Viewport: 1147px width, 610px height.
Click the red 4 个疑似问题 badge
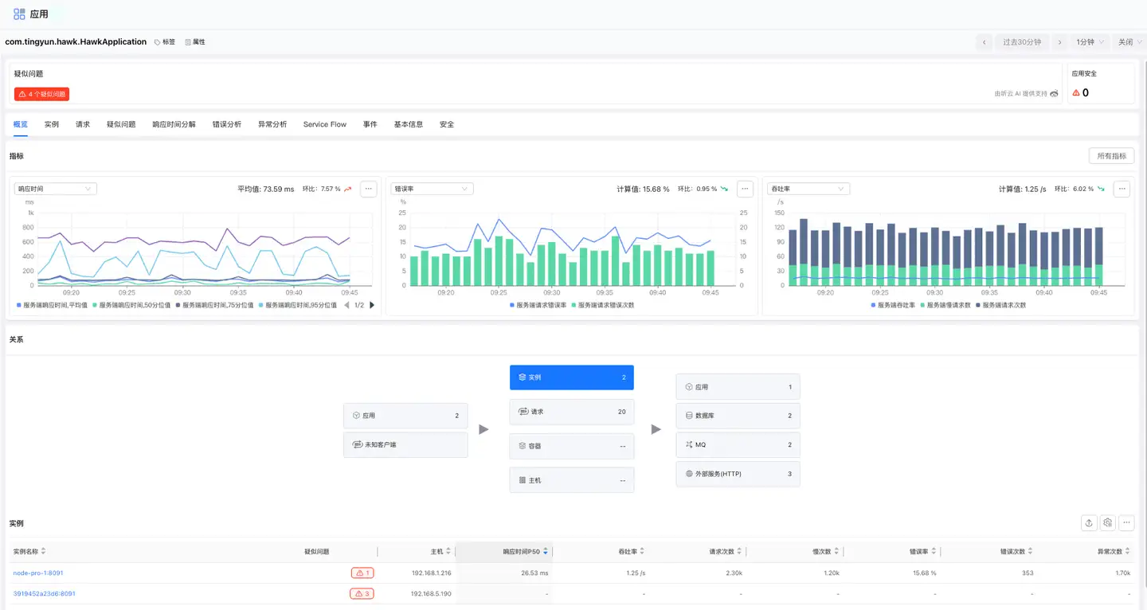(x=41, y=94)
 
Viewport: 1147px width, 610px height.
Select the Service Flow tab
(x=324, y=124)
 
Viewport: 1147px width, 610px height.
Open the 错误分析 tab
(x=226, y=124)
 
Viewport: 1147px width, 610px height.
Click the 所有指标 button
(x=1111, y=156)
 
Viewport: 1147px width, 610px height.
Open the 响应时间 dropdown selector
(x=55, y=189)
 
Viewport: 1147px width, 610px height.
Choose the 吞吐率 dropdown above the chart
(x=808, y=189)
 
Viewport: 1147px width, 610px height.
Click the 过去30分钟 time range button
(x=1021, y=42)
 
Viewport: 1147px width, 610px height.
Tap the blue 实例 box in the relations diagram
(x=571, y=377)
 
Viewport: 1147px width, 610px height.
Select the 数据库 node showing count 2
(x=738, y=416)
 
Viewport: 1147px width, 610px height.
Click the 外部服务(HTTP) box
(x=738, y=474)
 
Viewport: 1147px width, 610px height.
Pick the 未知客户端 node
(x=405, y=444)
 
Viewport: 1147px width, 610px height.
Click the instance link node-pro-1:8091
(x=38, y=573)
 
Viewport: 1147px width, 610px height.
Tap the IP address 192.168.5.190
(x=431, y=593)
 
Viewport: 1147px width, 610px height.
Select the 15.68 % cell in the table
(x=923, y=573)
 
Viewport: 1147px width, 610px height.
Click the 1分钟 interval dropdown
(x=1090, y=42)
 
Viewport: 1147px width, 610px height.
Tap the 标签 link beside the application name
(x=165, y=42)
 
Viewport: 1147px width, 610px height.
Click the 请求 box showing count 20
(x=571, y=412)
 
